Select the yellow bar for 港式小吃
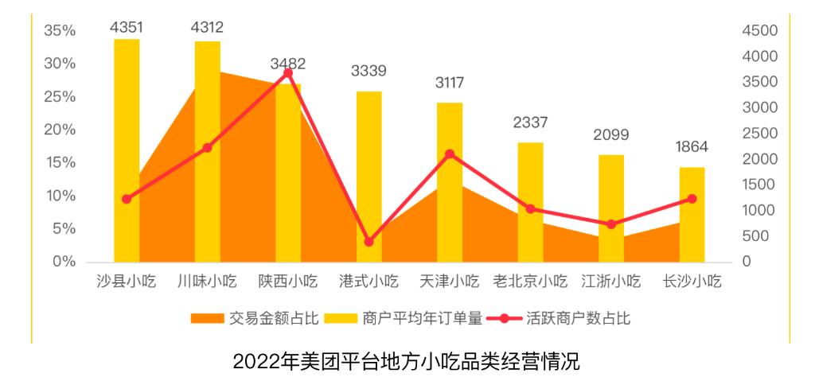click(369, 175)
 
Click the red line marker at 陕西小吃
click(288, 72)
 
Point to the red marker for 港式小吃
click(369, 242)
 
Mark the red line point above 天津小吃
click(450, 154)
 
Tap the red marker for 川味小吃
click(207, 148)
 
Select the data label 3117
click(450, 84)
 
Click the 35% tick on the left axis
click(60, 31)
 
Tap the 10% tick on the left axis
click(60, 196)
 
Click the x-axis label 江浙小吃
click(610, 282)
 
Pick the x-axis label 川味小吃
click(207, 282)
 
